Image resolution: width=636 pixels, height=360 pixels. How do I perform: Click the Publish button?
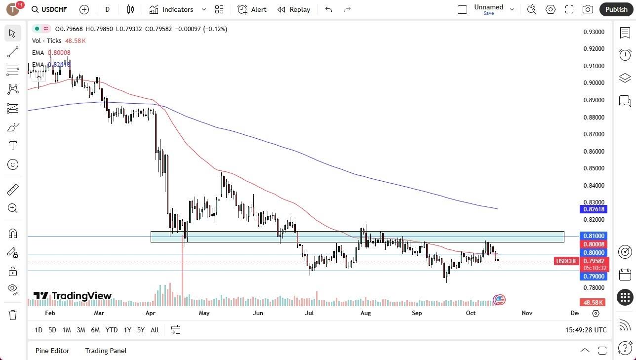616,9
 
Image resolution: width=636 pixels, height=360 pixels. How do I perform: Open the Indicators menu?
177,9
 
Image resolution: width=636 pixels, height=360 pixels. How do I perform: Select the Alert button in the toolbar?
252,9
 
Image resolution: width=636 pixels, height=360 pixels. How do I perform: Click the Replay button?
294,9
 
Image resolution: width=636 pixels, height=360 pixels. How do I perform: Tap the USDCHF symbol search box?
49,9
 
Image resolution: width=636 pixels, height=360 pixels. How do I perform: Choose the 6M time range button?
95,330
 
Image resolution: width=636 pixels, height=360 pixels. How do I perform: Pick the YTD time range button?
112,330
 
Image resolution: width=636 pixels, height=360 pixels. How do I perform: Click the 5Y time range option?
141,330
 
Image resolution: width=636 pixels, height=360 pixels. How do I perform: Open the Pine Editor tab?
52,351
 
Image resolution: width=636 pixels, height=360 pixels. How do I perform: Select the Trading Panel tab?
106,351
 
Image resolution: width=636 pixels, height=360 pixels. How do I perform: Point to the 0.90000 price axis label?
594,83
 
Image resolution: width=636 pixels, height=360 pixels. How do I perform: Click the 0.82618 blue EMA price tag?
594,209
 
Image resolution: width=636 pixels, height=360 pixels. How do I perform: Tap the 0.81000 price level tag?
594,236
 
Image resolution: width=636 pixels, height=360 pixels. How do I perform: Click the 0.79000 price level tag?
594,277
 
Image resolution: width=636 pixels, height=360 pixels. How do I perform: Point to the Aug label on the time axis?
365,313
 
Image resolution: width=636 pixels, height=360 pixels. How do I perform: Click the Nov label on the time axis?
526,313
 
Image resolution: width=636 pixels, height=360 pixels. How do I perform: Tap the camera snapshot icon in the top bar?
588,9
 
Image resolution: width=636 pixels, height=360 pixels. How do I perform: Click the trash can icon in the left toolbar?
13,315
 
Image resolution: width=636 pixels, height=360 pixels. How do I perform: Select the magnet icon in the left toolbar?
13,234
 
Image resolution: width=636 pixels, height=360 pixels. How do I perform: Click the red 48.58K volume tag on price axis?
593,302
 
